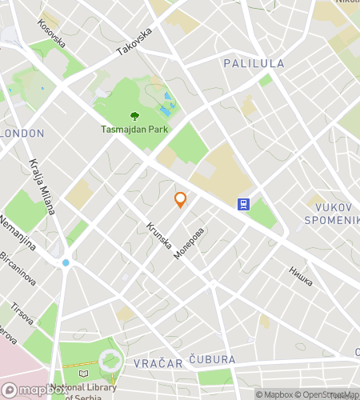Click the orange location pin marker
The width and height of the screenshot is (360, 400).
181,200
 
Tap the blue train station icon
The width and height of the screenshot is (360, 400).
243,204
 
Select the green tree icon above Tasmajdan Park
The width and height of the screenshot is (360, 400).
134,116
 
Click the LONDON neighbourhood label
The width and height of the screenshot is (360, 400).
22,134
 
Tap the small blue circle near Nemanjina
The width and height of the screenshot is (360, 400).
66,262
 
